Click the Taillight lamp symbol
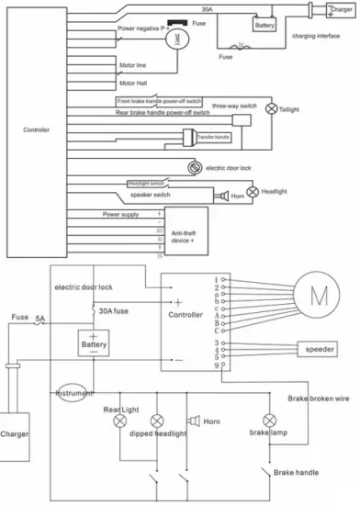click(x=271, y=107)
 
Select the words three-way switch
click(x=236, y=106)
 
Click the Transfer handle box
click(x=212, y=137)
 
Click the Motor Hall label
click(x=132, y=83)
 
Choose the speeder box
click(x=321, y=349)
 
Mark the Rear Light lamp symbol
click(x=119, y=422)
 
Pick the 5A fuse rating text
click(x=40, y=320)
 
